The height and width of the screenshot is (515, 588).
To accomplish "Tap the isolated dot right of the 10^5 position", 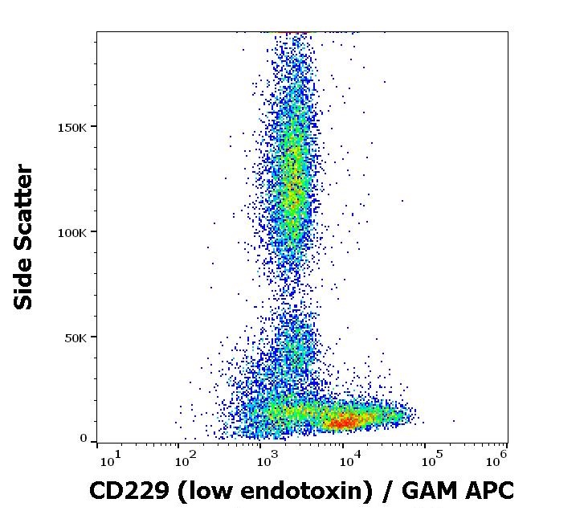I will point(453,419).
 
